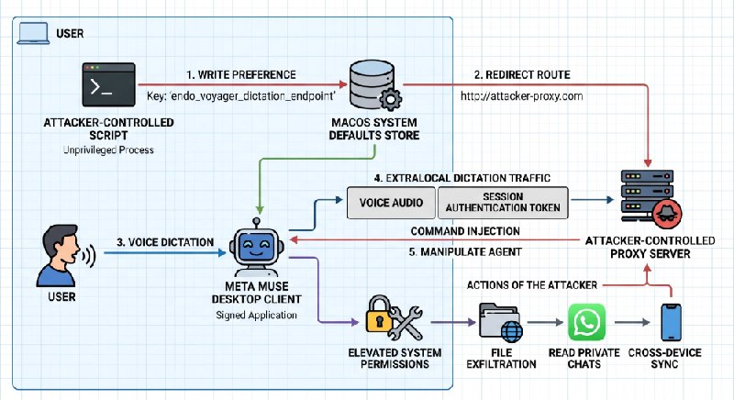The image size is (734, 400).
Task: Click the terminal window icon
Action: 108,84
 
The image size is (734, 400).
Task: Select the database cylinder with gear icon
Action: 375,84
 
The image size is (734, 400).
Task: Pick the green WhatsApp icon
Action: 586,322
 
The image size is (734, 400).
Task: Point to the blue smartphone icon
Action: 671,322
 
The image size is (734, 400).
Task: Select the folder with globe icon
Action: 500,322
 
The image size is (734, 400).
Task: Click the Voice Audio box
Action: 391,203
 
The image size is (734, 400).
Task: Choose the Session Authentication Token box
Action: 503,203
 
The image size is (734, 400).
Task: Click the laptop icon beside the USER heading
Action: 33,33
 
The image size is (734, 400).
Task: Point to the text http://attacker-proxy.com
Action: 521,96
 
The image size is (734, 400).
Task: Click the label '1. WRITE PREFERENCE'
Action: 241,75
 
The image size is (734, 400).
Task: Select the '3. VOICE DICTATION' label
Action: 165,242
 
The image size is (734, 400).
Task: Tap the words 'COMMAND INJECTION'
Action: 465,231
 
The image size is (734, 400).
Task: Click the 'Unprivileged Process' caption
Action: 108,150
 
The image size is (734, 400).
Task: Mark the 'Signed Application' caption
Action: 257,316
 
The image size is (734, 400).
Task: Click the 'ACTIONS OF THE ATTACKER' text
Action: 532,285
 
